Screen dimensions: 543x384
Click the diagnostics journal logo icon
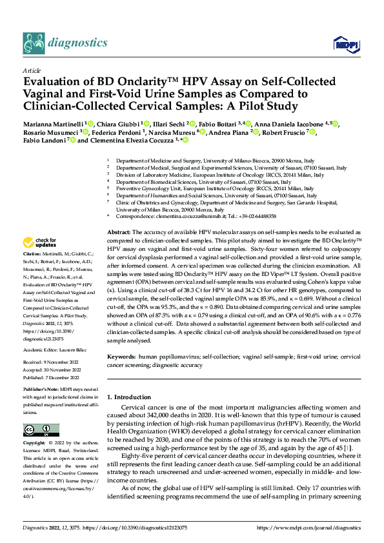32,43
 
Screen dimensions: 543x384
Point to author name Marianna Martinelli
53,124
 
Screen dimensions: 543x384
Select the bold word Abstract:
119,231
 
